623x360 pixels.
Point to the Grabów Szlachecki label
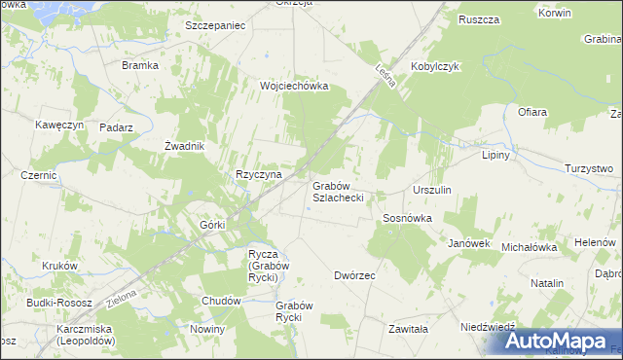(x=338, y=191)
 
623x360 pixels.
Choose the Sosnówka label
(x=407, y=219)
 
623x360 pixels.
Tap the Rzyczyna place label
(x=258, y=175)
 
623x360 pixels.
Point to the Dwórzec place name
(x=354, y=275)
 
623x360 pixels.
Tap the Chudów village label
(x=221, y=302)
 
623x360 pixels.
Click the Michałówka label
(x=529, y=248)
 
